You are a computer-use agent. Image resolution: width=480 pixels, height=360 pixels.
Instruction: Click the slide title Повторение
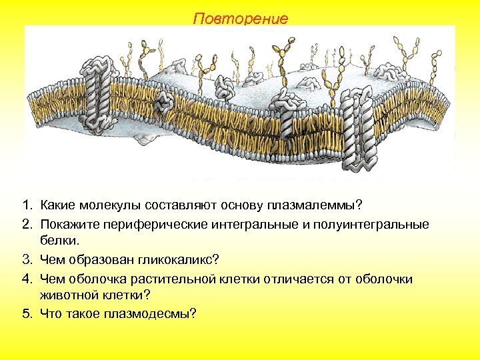241,19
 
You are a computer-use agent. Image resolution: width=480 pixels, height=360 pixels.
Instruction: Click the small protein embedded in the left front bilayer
164,101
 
